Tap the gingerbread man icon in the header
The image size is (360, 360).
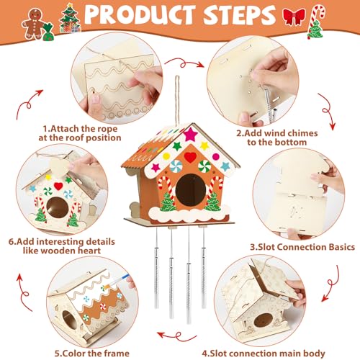pos(32,22)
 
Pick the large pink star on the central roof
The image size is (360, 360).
pos(192,135)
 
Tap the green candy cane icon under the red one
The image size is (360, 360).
pos(315,30)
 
